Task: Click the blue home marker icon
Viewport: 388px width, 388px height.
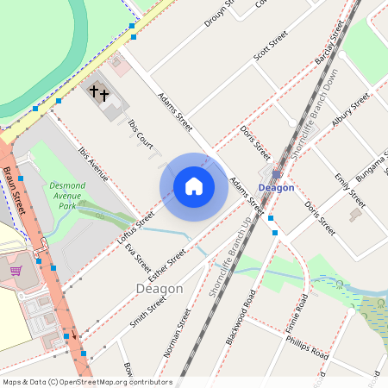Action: [x=194, y=185]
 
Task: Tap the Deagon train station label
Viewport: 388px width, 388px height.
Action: [x=277, y=187]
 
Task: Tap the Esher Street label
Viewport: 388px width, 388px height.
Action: [x=168, y=266]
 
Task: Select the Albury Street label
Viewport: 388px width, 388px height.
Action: [x=350, y=110]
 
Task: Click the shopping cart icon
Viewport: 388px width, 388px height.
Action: [x=15, y=270]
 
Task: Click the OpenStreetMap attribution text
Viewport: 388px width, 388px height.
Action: [x=86, y=382]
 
